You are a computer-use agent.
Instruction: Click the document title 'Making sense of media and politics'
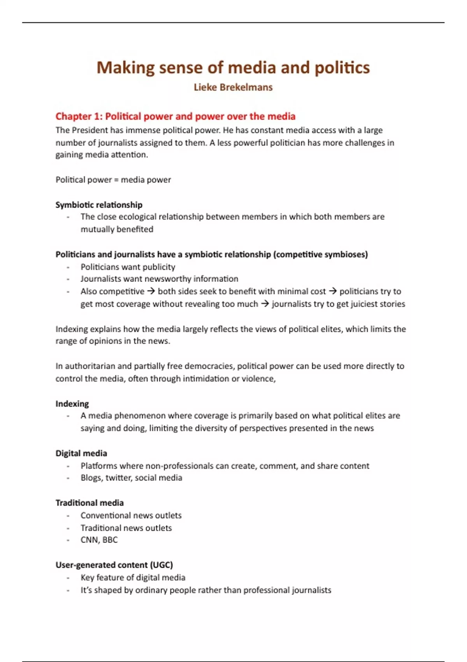pyautogui.click(x=233, y=68)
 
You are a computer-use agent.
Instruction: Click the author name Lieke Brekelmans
pyautogui.click(x=233, y=87)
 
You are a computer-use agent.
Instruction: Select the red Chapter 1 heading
pyautogui.click(x=175, y=116)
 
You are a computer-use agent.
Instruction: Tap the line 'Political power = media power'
pyautogui.click(x=113, y=180)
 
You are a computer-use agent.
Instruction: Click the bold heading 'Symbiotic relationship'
pyautogui.click(x=99, y=205)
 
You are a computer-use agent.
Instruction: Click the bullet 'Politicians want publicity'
pyautogui.click(x=128, y=267)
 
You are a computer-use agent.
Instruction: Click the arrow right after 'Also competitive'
pyautogui.click(x=151, y=291)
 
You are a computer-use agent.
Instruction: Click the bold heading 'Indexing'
pyautogui.click(x=72, y=404)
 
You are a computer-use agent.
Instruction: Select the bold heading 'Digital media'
pyautogui.click(x=81, y=453)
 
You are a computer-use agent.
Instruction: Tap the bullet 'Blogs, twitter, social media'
pyautogui.click(x=131, y=478)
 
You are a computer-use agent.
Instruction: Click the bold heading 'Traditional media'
pyautogui.click(x=90, y=503)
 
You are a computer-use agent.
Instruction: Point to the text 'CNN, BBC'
pyautogui.click(x=99, y=540)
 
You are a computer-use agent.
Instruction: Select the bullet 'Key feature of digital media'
pyautogui.click(x=133, y=577)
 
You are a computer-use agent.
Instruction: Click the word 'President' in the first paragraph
pyautogui.click(x=89, y=130)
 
